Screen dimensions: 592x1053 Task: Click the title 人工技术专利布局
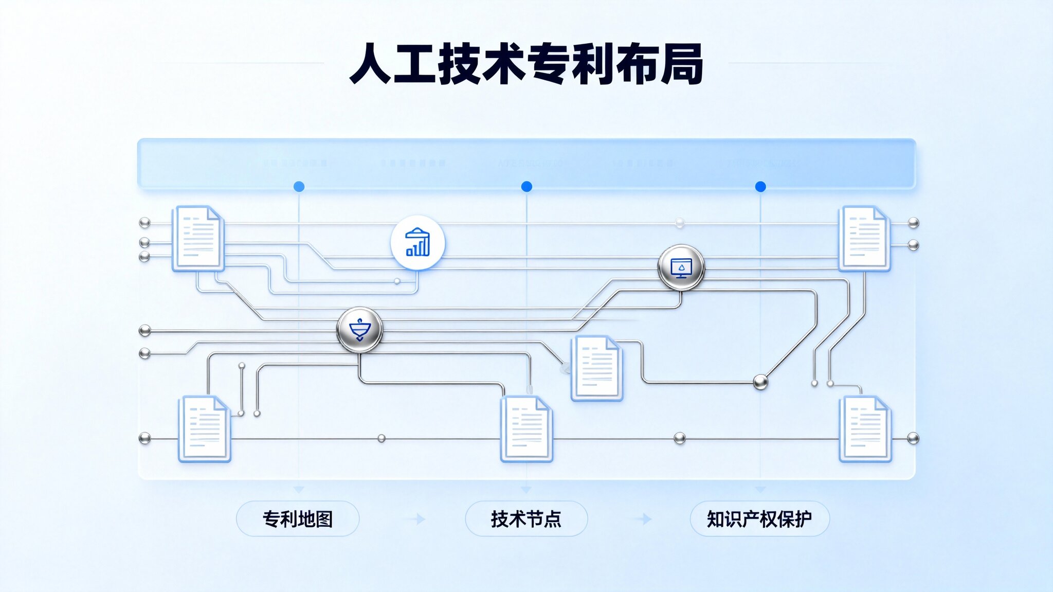click(526, 64)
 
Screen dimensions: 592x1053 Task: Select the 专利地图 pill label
click(298, 519)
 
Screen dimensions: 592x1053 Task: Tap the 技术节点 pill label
click(526, 519)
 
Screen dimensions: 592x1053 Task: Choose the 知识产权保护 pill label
click(759, 519)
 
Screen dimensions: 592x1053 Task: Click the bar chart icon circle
click(417, 243)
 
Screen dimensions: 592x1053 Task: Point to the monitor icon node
click(681, 267)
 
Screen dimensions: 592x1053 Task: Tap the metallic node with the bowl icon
click(359, 330)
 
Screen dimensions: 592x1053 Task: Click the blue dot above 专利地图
click(299, 187)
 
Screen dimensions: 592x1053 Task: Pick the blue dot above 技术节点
click(526, 187)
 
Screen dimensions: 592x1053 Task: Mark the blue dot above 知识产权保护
click(760, 187)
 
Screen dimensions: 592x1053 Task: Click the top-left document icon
click(198, 238)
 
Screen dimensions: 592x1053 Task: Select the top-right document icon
click(864, 238)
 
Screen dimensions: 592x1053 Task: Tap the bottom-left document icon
click(204, 428)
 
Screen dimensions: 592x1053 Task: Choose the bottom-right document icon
click(865, 428)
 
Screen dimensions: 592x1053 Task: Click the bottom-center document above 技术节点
click(526, 428)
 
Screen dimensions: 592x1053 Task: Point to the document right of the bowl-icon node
click(596, 367)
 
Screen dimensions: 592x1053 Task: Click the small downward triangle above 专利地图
click(299, 490)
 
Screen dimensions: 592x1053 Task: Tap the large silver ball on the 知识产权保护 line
click(760, 382)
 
